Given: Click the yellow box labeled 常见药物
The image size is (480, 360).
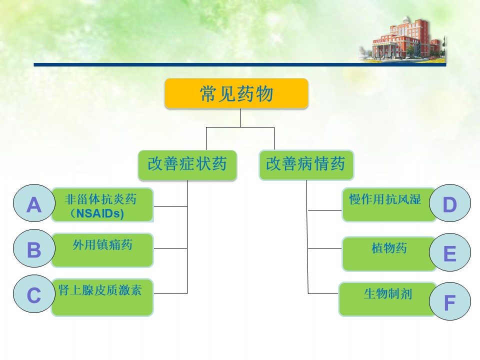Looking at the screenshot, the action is tap(236, 93).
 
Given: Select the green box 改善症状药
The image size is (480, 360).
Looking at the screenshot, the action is tap(187, 165).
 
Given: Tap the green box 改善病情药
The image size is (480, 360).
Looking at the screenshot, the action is tap(306, 165).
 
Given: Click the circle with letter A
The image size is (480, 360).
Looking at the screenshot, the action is tap(34, 203).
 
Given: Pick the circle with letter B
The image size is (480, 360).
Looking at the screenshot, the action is tap(34, 248).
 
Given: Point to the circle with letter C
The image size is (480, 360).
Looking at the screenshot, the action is tap(34, 294).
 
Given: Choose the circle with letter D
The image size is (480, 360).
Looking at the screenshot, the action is tap(450, 203).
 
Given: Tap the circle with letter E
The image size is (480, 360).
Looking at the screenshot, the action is tap(450, 252).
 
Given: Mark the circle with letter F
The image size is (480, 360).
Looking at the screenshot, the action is tap(450, 301).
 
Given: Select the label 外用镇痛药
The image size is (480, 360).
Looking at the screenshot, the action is tap(102, 245).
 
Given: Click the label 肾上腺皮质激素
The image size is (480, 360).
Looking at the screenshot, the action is tap(100, 290).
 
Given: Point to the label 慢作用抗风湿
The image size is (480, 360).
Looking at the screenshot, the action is tap(385, 199).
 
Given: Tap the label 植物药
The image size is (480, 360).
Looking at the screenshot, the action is tap(389, 248).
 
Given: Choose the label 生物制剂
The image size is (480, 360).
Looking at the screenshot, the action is tap(388, 294).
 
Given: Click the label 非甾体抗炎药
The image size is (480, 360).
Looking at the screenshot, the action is tap(100, 199).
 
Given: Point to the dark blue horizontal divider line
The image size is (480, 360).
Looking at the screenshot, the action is tap(240, 65).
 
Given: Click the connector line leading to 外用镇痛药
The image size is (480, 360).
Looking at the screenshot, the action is tap(170, 248).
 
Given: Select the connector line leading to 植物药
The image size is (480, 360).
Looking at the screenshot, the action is tap(325, 248).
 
